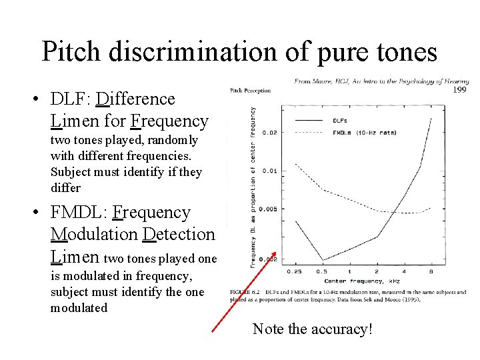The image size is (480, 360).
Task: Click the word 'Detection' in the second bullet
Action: [179, 235]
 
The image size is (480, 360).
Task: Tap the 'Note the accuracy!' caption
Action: [312, 329]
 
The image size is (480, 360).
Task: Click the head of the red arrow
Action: [274, 253]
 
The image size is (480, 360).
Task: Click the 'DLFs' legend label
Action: [339, 121]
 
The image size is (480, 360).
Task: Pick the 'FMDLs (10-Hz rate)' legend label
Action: [363, 132]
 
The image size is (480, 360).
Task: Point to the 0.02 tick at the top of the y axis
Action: [269, 132]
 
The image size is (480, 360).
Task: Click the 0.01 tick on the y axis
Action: [269, 171]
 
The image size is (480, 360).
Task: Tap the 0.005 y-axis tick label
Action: [267, 209]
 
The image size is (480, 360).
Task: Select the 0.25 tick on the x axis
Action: [293, 271]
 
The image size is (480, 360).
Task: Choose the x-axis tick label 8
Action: [431, 271]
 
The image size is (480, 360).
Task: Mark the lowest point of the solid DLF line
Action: [323, 260]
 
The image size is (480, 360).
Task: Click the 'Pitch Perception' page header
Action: [250, 90]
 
